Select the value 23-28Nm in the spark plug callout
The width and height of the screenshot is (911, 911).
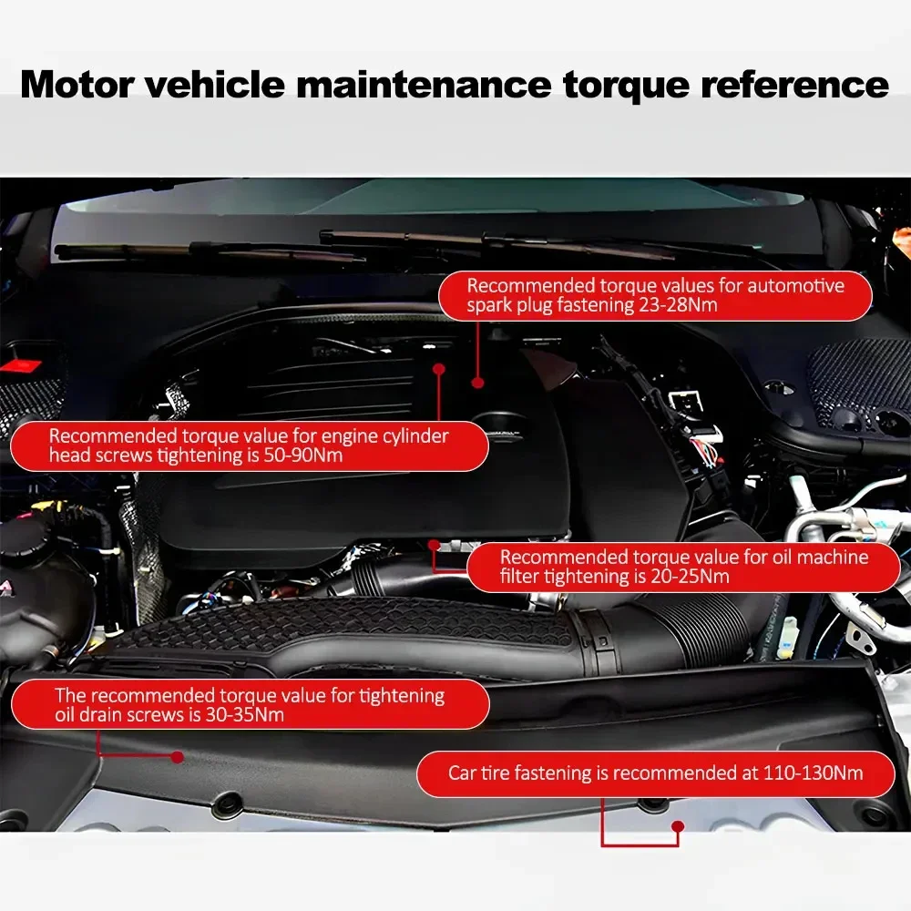point(677,305)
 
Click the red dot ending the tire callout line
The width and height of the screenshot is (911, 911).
point(677,826)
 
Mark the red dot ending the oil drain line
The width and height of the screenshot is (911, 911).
point(177,756)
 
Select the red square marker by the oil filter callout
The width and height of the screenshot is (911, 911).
point(435,546)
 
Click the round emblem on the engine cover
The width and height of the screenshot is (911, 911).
point(505,424)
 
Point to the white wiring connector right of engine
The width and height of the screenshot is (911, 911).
point(681,400)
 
